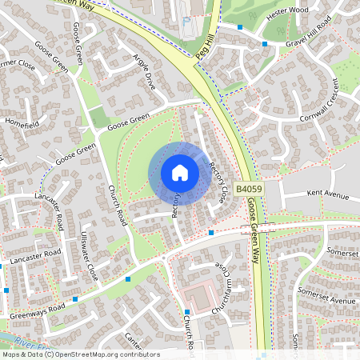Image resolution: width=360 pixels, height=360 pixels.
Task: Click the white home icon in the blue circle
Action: click(x=180, y=173)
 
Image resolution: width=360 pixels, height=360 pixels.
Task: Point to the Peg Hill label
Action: click(x=206, y=49)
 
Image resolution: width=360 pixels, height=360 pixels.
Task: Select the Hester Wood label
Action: click(x=289, y=10)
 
